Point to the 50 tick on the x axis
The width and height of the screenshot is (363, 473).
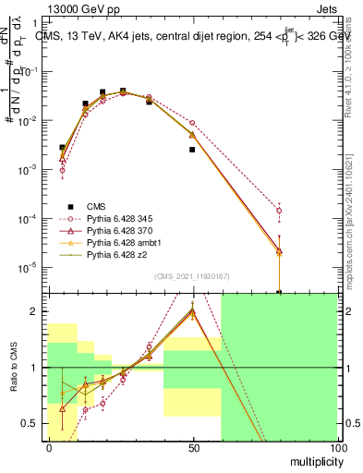pyautogui.click(x=193, y=446)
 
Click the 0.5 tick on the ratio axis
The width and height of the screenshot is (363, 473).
pyautogui.click(x=36, y=424)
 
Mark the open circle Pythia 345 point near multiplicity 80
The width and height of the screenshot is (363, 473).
pyautogui.click(x=279, y=211)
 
